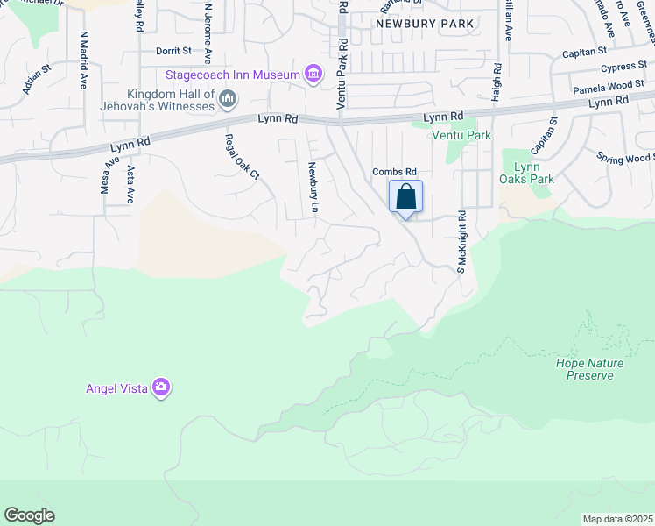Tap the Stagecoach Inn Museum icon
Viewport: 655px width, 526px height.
tap(313, 75)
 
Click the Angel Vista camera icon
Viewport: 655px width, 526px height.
tap(160, 387)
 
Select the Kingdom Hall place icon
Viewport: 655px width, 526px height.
tap(228, 99)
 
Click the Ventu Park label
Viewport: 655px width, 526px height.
tap(461, 135)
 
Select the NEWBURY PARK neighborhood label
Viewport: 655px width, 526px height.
tap(425, 24)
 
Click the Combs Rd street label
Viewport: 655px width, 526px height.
tap(394, 172)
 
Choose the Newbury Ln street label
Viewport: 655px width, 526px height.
tap(312, 188)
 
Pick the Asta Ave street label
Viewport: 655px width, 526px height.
tap(130, 184)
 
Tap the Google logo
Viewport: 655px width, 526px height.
tap(29, 515)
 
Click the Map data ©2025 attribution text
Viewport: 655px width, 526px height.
tap(617, 519)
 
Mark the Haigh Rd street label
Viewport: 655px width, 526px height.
tap(496, 82)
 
